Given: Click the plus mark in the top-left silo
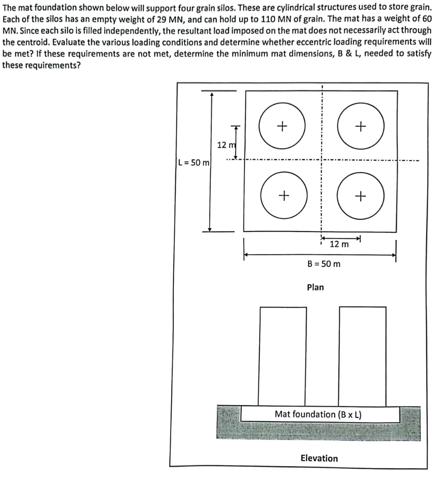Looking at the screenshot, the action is coord(282,126).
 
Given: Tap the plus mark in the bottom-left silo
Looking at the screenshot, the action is coord(282,196).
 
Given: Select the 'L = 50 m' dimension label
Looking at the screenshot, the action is coord(194,163).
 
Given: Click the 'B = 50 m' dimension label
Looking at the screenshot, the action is coord(324,264).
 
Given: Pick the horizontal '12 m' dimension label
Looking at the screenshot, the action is coord(339,244).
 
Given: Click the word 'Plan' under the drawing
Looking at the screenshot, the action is coord(315,287).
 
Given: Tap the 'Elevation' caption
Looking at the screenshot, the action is coord(319,458).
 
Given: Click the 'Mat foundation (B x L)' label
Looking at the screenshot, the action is coord(318,414).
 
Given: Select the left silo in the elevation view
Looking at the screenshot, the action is coord(283,356).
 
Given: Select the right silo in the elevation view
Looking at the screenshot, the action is coord(363,356).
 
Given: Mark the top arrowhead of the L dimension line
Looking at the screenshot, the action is coord(212,94).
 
